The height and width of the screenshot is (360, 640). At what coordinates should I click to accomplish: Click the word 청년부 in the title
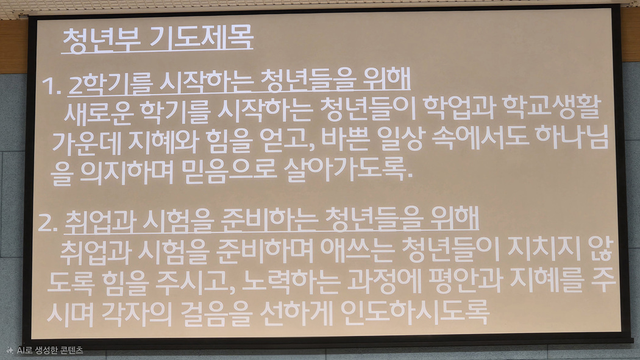tap(102, 40)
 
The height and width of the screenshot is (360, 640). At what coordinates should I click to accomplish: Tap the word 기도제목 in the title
tap(202, 39)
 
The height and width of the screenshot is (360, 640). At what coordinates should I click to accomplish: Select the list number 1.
tap(51, 86)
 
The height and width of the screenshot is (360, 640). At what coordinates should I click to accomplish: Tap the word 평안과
tap(464, 280)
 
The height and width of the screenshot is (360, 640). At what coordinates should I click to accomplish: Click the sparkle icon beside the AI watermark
tap(10, 350)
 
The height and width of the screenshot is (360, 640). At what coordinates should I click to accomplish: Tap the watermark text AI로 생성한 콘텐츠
tap(50, 350)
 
